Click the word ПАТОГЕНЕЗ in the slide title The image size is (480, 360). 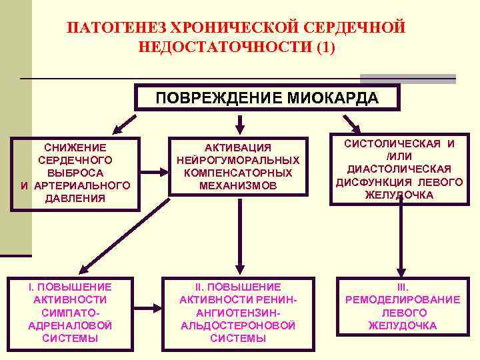[x=117, y=28]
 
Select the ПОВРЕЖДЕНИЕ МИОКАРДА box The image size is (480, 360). [x=267, y=99]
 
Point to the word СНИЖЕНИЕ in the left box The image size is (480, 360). [x=75, y=147]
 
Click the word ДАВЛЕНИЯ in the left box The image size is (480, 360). [x=75, y=198]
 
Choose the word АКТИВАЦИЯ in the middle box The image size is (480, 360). [x=238, y=147]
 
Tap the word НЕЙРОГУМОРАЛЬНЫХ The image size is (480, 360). [x=238, y=160]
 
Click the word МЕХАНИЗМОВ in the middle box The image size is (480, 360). [x=238, y=185]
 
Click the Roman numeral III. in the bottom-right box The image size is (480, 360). [x=402, y=287]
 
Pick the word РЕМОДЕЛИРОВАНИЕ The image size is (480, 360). [x=402, y=299]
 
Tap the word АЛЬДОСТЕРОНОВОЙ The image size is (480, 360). [x=238, y=325]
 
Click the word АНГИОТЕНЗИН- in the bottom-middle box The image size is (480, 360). [x=238, y=312]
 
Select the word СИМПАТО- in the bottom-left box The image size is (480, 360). [x=70, y=312]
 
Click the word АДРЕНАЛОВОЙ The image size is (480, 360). [x=70, y=325]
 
